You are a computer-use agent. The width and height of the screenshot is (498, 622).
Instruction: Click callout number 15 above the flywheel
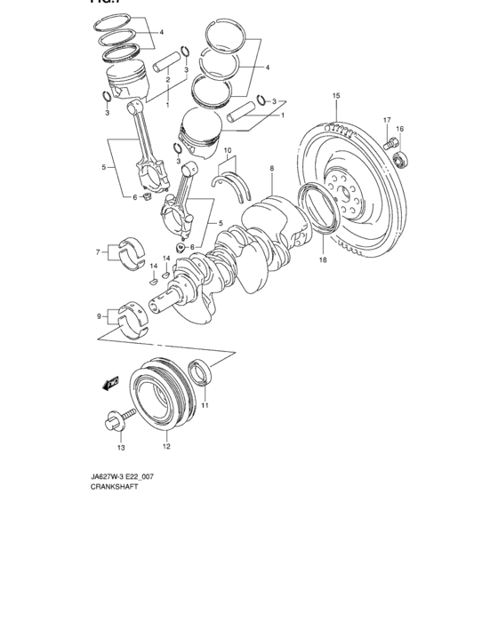pos(336,95)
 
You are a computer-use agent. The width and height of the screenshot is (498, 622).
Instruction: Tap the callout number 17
pos(387,119)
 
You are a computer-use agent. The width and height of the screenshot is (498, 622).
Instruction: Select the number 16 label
pos(399,130)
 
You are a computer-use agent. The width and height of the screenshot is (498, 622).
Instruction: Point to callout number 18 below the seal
pos(322,260)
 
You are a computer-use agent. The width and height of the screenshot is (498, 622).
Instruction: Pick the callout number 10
pos(228,150)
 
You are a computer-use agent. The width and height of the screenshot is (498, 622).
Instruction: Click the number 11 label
pos(204,406)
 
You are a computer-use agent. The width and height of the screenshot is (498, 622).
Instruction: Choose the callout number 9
pos(99,315)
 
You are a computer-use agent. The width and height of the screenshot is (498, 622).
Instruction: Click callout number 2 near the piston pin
pos(166,80)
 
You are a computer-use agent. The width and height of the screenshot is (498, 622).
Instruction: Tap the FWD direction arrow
pos(110,383)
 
